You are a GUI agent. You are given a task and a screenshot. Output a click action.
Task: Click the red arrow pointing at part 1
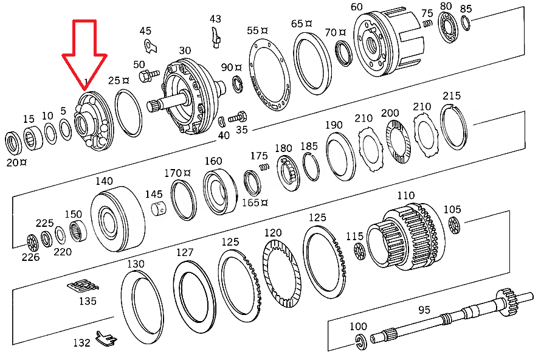[x=84, y=52]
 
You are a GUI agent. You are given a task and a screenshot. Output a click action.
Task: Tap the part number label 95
[x=424, y=310]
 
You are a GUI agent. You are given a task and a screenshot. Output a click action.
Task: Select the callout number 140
[x=104, y=181]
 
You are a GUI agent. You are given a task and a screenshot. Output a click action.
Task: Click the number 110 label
[x=406, y=195]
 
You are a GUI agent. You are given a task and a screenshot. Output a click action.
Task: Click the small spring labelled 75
[x=427, y=24]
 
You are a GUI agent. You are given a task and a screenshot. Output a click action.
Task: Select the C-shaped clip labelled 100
[x=360, y=342]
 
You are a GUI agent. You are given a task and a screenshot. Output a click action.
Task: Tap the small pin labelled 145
[x=159, y=209]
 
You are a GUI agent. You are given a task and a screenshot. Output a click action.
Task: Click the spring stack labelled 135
[x=83, y=285]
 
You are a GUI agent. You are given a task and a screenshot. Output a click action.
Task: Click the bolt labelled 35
[x=238, y=117]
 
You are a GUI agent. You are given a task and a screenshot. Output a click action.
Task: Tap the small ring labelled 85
[x=466, y=24]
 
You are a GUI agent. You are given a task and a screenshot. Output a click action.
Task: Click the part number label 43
[x=215, y=19]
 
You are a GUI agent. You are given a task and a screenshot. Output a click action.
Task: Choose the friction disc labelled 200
[x=398, y=142]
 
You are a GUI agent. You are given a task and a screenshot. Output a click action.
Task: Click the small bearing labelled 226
[x=32, y=243]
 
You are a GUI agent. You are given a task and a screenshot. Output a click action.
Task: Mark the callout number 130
[x=136, y=264]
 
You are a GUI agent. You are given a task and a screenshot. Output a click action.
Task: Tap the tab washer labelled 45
[x=150, y=46]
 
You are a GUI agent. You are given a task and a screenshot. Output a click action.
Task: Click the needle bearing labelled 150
[x=78, y=231]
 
